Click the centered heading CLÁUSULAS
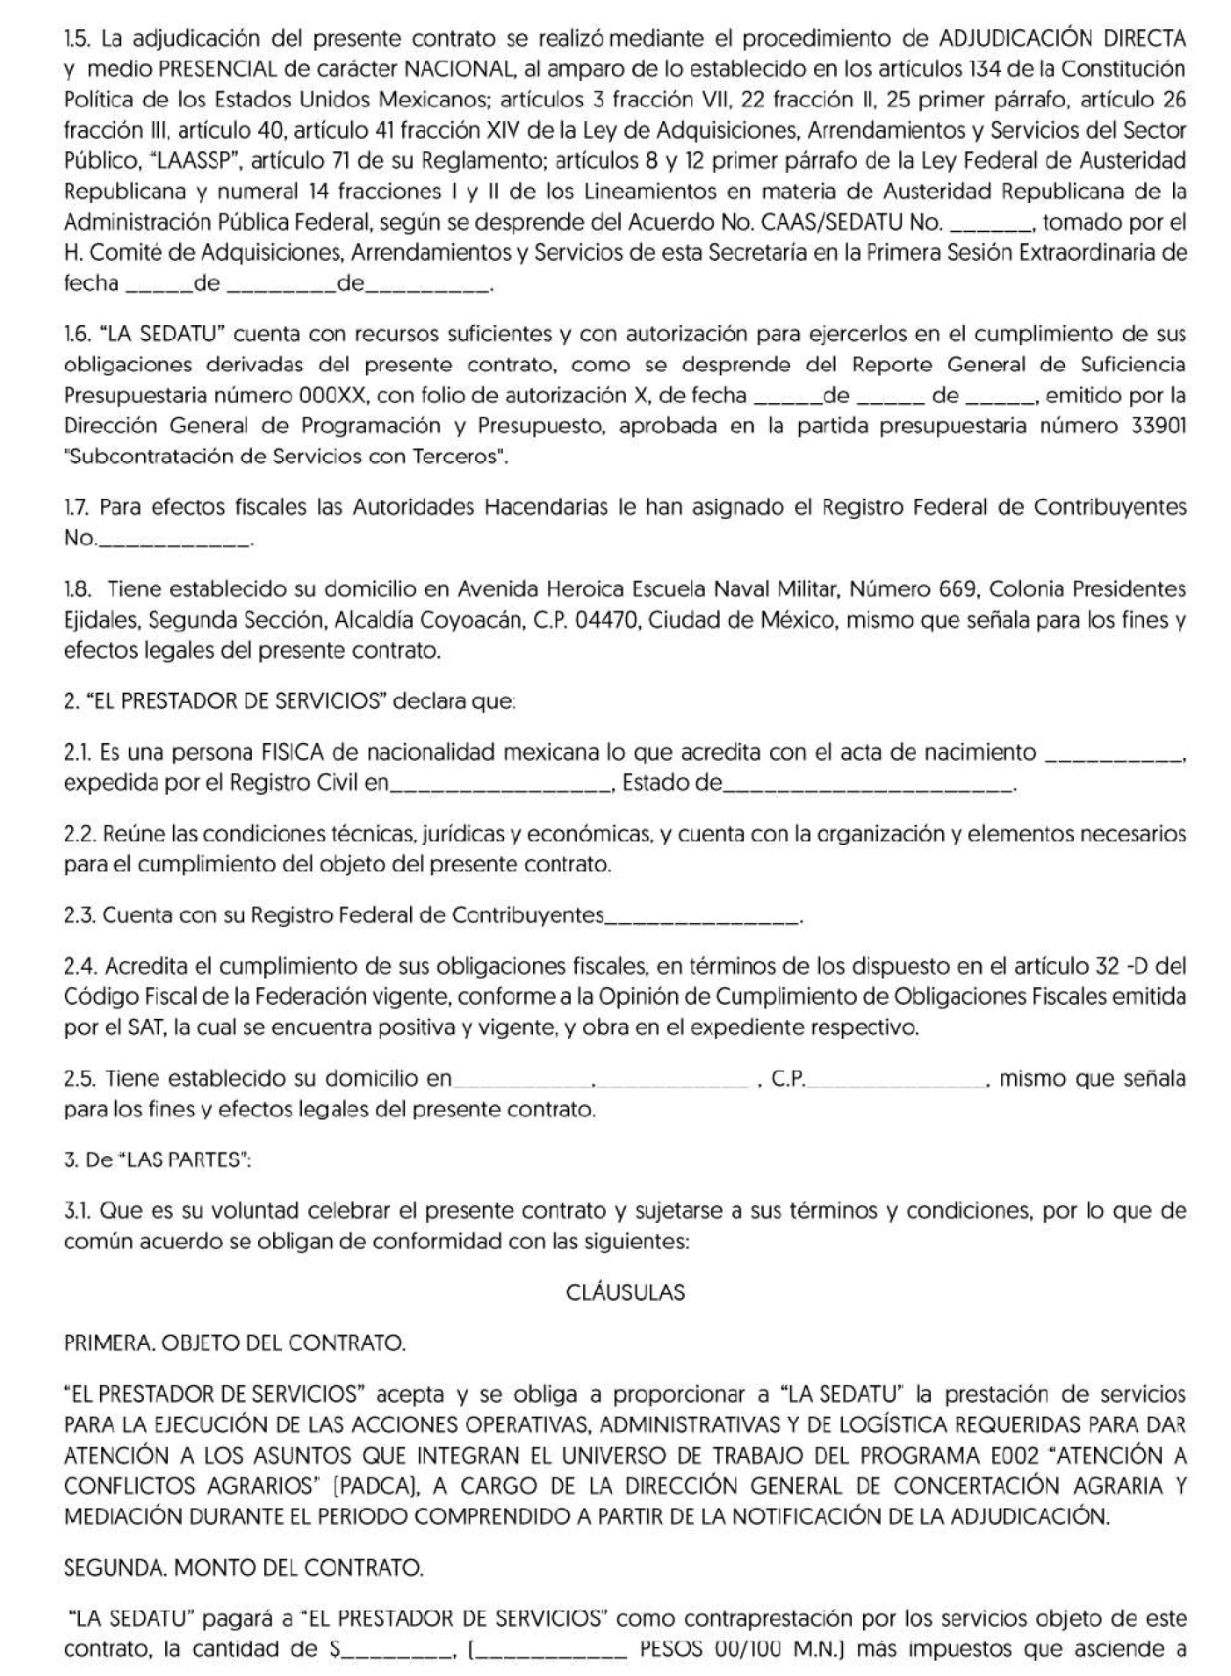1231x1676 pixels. click(625, 1293)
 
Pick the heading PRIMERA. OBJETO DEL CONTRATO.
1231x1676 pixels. click(235, 1343)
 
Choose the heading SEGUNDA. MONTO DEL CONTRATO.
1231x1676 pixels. click(244, 1567)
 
